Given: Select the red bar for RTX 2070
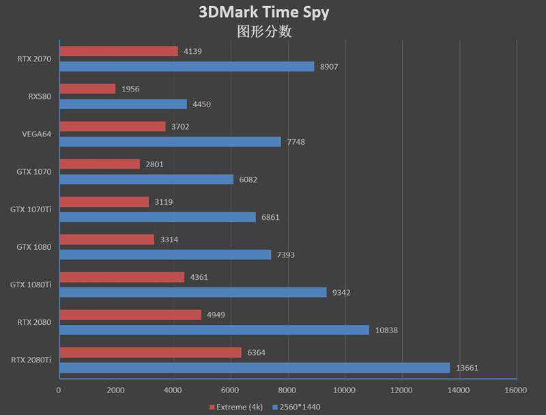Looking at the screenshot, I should (118, 51).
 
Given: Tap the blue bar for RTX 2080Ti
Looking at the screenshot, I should (255, 367).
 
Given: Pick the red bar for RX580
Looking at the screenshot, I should (87, 89).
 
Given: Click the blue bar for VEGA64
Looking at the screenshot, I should (170, 141).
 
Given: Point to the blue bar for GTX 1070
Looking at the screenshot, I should (146, 179).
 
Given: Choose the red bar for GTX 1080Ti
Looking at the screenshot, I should (121, 277).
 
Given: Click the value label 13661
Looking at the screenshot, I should (467, 368).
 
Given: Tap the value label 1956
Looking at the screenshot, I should (130, 89).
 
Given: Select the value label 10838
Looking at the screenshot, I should (386, 330).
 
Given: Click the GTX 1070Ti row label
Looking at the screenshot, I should (31, 210).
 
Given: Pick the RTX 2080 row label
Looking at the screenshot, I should (33, 322).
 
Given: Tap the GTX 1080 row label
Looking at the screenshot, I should (34, 247).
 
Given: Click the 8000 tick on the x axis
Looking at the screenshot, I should (287, 390).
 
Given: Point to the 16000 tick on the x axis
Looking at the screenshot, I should (515, 390).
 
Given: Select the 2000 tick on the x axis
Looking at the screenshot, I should (116, 390).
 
